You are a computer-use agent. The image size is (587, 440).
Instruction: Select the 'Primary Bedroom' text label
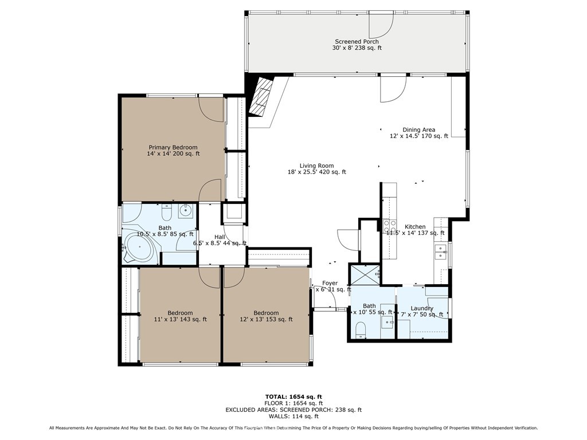(x=173, y=147)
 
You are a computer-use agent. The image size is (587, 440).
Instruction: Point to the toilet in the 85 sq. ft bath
(x=167, y=213)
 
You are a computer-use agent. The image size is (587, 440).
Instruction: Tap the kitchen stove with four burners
(x=390, y=225)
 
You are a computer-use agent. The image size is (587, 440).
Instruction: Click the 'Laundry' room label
(x=422, y=308)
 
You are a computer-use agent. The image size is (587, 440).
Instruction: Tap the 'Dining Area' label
(x=418, y=130)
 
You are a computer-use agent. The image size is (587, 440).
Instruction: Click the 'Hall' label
(x=220, y=237)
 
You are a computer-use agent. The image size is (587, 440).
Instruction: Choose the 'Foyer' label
(x=330, y=283)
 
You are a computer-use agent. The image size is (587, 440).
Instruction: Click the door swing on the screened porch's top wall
(x=381, y=22)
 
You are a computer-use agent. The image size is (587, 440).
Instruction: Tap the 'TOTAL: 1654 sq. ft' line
(x=293, y=396)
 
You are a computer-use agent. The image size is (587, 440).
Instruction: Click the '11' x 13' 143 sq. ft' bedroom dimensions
(x=181, y=319)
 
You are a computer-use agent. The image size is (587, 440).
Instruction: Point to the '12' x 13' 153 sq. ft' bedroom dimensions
(x=266, y=319)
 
